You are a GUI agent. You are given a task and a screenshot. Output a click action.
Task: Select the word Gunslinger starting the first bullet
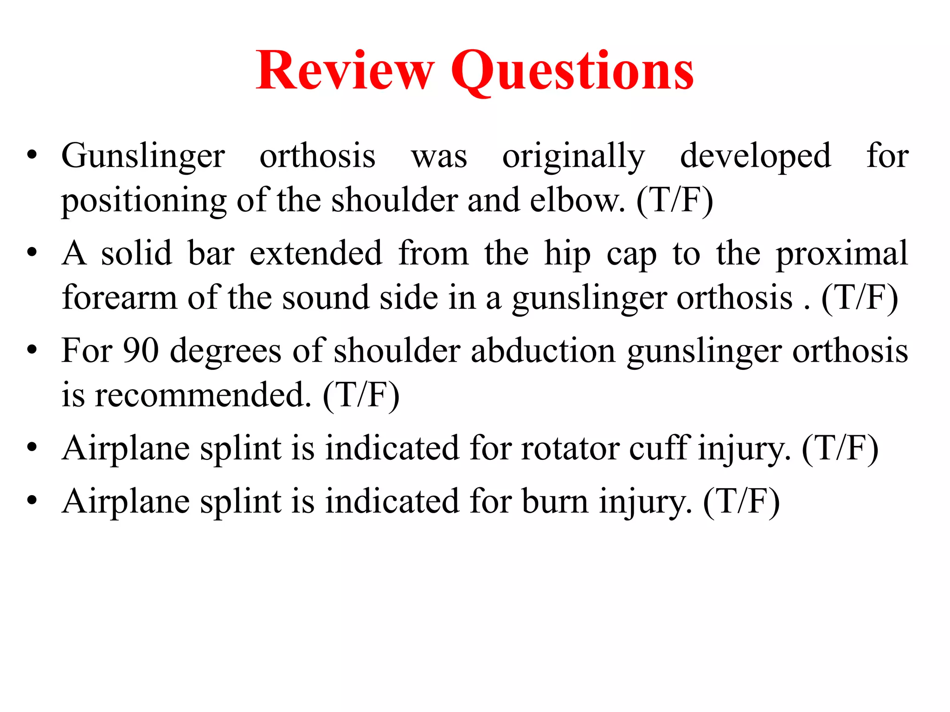coord(143,157)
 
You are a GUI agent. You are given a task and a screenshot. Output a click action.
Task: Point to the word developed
coord(755,157)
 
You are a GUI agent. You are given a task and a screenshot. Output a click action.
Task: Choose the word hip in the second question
coord(567,254)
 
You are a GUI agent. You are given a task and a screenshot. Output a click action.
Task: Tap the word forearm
coord(119,298)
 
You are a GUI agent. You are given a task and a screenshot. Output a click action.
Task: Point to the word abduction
coord(543,351)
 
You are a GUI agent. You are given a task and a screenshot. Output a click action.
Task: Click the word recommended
coord(203,395)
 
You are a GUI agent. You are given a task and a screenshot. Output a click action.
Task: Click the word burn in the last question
coord(554,502)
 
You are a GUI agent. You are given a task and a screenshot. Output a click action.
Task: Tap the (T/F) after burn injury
coord(741,502)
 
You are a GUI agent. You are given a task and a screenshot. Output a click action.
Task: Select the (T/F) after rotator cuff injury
coord(840,449)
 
